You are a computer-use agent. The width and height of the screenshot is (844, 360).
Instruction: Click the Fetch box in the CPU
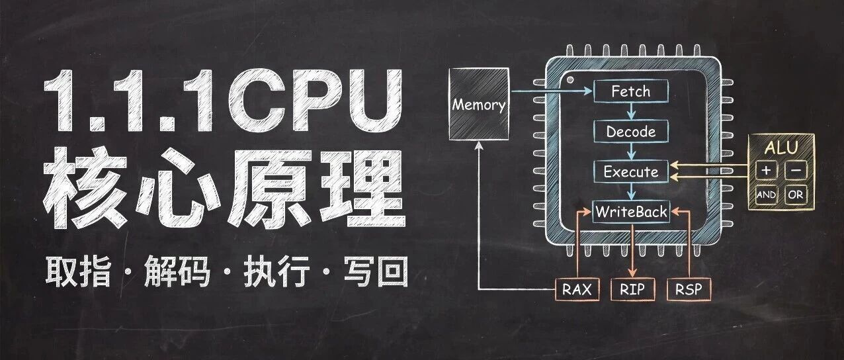click(631, 91)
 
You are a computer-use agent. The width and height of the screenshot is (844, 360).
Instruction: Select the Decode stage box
click(631, 131)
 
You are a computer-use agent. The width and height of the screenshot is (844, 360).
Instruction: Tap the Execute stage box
click(631, 171)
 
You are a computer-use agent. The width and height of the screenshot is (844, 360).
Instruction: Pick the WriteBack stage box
click(631, 212)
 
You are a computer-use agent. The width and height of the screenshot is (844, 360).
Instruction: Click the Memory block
click(479, 104)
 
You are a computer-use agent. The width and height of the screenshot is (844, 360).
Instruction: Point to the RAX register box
click(577, 289)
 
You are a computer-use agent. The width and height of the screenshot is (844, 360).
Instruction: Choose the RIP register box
click(632, 289)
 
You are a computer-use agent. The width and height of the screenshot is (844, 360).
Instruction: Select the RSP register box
click(689, 289)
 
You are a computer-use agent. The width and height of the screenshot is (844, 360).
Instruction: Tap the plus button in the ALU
click(766, 170)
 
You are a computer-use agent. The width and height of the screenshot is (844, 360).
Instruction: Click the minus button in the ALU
click(796, 170)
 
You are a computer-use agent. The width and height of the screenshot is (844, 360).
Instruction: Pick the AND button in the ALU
click(766, 195)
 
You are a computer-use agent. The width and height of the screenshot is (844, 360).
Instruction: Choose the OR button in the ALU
click(796, 195)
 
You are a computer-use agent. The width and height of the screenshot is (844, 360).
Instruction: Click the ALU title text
click(781, 148)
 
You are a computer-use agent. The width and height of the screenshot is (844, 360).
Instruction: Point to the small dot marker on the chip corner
click(570, 79)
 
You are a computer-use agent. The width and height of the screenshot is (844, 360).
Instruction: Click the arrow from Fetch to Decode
click(632, 111)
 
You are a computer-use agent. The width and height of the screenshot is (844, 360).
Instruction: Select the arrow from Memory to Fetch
click(552, 91)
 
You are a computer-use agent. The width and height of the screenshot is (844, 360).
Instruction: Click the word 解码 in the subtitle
click(177, 271)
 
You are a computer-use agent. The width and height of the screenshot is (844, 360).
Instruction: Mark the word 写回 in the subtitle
click(376, 271)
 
